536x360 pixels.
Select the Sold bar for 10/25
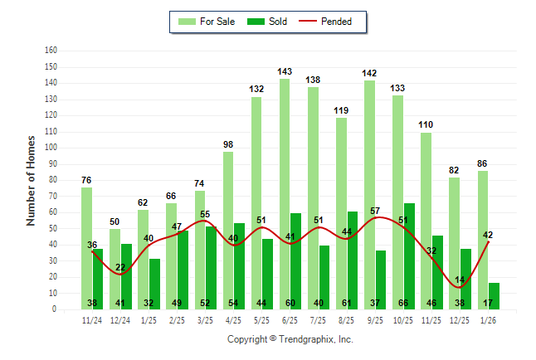click(409, 249)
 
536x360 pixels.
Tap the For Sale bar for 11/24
click(86, 248)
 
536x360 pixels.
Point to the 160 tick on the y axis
click(51, 51)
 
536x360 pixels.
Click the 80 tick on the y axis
click(53, 180)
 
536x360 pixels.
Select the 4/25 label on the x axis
click(233, 319)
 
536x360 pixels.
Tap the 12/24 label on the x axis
click(120, 319)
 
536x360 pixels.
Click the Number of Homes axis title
click(31, 180)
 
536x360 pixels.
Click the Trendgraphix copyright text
click(290, 339)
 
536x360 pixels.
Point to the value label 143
click(285, 72)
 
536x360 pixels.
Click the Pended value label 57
click(374, 211)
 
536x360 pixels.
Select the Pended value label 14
click(460, 280)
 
